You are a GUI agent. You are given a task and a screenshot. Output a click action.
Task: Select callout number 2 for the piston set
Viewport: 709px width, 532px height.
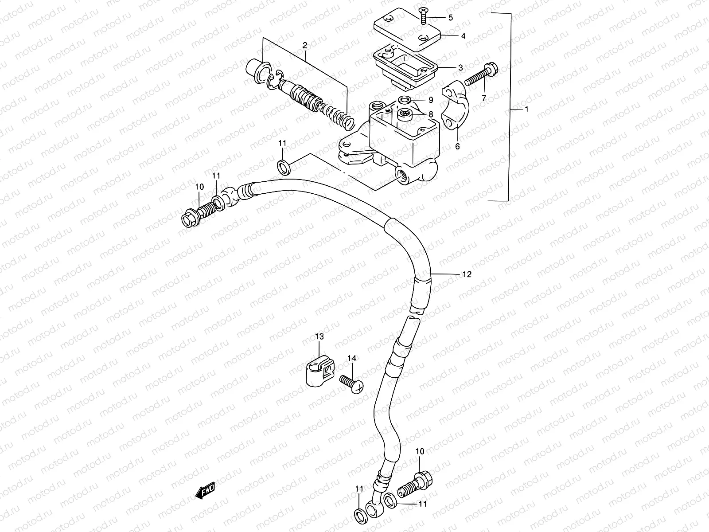(x=304, y=45)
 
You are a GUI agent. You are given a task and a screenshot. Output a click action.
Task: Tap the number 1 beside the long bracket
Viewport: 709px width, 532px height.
(x=526, y=109)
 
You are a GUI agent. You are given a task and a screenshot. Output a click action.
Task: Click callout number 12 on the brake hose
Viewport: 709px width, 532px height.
(x=466, y=274)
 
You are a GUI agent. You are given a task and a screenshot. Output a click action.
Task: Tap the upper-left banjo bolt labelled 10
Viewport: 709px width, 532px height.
(x=195, y=213)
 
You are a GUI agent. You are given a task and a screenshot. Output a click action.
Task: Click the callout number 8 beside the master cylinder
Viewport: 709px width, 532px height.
(x=430, y=114)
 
